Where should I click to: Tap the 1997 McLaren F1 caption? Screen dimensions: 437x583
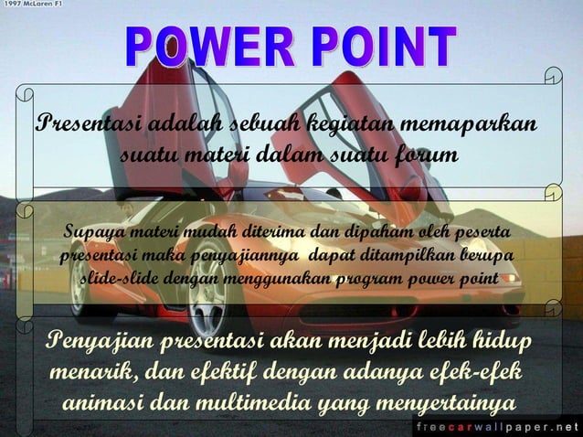tap(35, 5)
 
